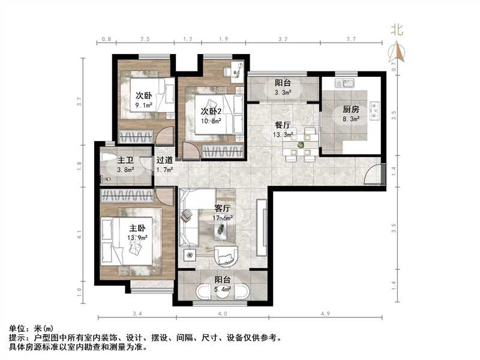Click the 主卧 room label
137,229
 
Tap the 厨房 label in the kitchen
351,110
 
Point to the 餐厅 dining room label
283,125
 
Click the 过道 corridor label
165,161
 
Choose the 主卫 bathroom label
125,161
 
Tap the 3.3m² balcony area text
283,93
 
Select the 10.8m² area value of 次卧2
211,120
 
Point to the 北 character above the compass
397,29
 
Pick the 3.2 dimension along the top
283,39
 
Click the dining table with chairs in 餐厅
301,145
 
